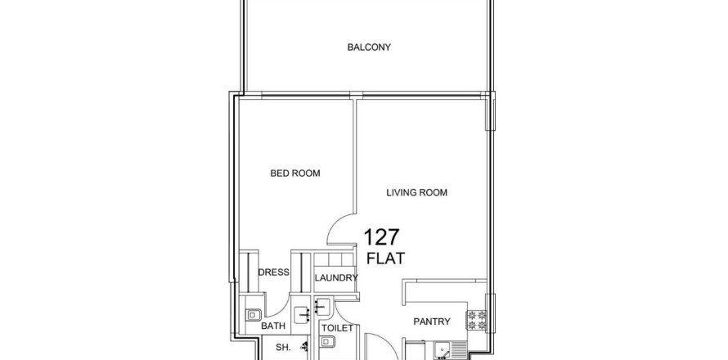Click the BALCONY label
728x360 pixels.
point(369,47)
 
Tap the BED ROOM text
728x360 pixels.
point(295,173)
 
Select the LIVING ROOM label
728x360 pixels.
point(417,192)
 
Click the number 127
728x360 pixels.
point(381,237)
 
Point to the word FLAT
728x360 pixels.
point(385,259)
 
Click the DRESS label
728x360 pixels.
point(273,272)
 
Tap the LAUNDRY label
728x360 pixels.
point(336,278)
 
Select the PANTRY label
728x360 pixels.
point(432,322)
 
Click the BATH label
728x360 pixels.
point(273,326)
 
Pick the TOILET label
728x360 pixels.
point(338,328)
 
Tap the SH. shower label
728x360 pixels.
point(283,348)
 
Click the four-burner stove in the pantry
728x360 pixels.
point(476,320)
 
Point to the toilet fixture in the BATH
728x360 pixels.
point(253,315)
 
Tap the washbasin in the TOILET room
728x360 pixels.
point(322,306)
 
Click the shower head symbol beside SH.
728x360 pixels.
point(304,346)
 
